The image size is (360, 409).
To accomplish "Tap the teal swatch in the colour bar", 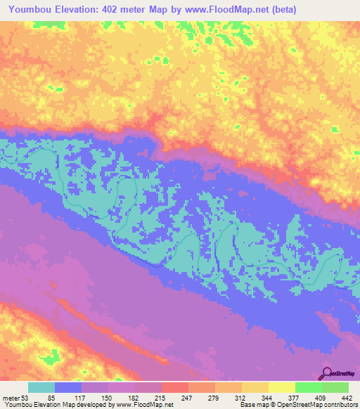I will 41,388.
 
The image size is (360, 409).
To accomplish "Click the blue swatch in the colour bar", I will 68,388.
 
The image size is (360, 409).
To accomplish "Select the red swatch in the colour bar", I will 174,388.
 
